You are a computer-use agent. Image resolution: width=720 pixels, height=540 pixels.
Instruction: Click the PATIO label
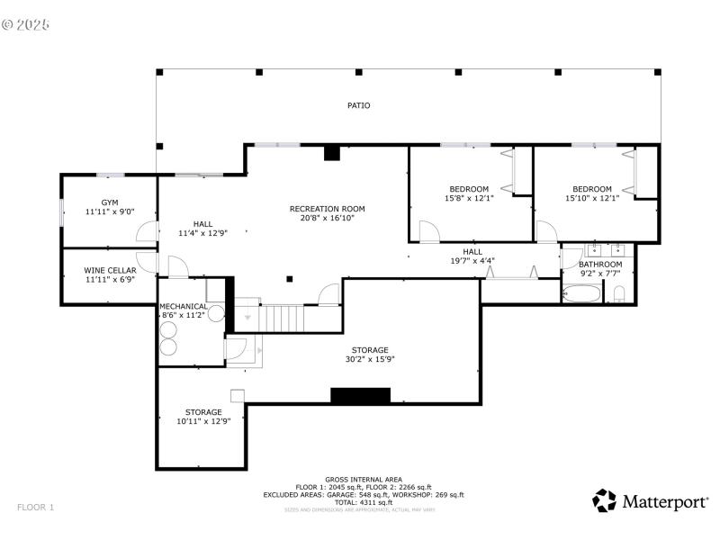359,105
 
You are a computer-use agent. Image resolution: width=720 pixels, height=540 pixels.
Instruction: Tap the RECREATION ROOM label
327,209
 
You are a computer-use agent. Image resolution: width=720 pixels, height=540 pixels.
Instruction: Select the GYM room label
109,202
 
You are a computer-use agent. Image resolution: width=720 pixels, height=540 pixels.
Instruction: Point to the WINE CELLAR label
109,270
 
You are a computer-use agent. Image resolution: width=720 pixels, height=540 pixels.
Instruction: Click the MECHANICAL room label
184,307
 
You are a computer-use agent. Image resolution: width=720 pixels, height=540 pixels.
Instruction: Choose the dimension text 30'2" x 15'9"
370,359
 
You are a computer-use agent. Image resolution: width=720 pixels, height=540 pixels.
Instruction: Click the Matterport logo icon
604,500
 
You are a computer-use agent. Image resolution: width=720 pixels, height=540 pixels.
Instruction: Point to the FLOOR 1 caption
35,508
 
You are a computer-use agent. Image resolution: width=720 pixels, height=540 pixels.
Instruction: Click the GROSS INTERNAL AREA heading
364,479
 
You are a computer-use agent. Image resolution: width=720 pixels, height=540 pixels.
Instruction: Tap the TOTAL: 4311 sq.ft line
364,502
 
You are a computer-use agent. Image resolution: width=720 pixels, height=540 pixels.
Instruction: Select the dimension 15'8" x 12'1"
469,198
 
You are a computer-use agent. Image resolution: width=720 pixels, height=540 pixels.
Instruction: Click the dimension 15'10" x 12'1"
592,198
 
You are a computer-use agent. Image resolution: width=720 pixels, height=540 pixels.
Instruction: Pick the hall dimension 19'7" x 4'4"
472,261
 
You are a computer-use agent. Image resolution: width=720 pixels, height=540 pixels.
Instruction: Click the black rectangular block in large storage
360,395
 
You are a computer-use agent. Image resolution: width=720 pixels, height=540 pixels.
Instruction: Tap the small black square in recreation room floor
289,278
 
